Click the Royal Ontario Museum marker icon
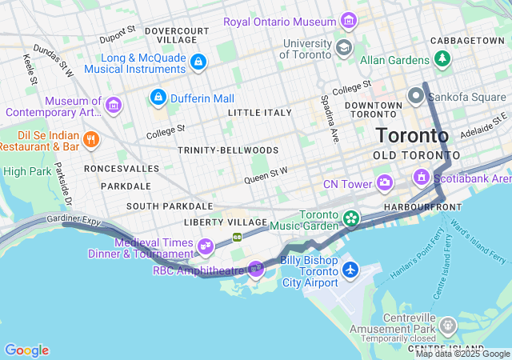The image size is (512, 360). [349, 20]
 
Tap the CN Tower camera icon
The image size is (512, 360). [385, 184]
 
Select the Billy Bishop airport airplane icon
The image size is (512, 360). [350, 270]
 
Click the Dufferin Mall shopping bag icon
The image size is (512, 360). [158, 98]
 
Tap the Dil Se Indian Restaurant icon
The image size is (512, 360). [92, 141]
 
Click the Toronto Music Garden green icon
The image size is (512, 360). [350, 218]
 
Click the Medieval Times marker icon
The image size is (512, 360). [206, 246]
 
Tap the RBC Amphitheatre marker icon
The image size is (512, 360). [256, 270]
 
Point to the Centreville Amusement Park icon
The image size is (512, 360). [447, 326]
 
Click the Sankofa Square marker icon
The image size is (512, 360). [415, 98]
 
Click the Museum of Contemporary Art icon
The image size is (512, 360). [114, 105]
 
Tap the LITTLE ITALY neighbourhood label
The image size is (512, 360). [259, 113]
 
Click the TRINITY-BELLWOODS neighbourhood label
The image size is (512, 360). [228, 150]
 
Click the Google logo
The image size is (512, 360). [26, 350]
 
